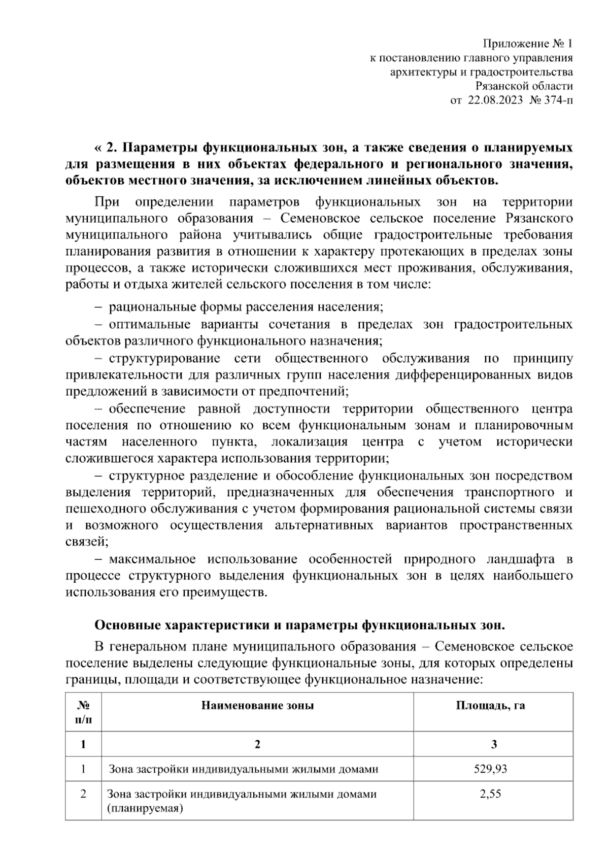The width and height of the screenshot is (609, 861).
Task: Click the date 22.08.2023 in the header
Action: (x=496, y=100)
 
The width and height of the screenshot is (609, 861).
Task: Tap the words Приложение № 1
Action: (x=528, y=44)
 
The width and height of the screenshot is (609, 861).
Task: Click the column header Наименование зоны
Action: (x=257, y=706)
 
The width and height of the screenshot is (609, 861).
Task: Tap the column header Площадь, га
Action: (x=490, y=706)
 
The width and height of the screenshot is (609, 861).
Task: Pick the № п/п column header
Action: (x=83, y=712)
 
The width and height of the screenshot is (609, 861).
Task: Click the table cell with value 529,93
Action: (x=490, y=769)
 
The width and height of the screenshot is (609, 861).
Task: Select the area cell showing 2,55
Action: (x=490, y=794)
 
